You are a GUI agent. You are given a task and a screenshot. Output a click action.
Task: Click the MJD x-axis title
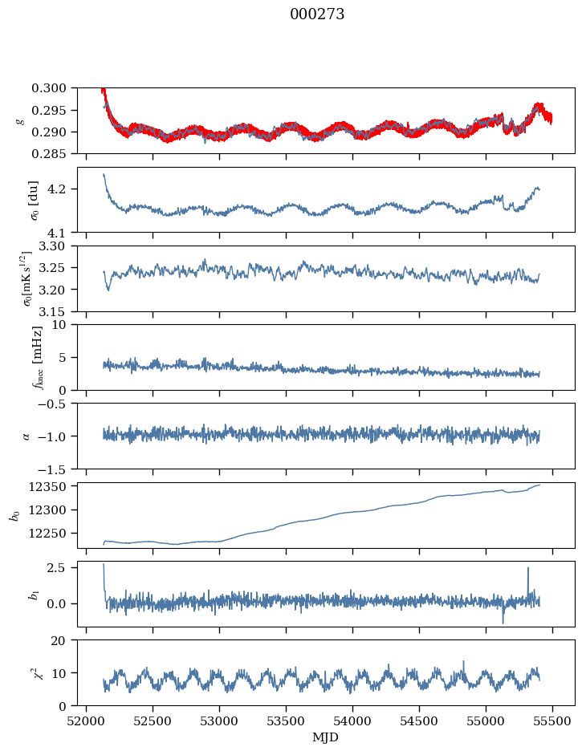click(x=326, y=737)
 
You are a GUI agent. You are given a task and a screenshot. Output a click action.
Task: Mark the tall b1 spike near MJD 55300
click(x=527, y=568)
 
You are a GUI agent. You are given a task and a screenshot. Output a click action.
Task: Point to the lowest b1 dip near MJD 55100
click(x=503, y=623)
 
